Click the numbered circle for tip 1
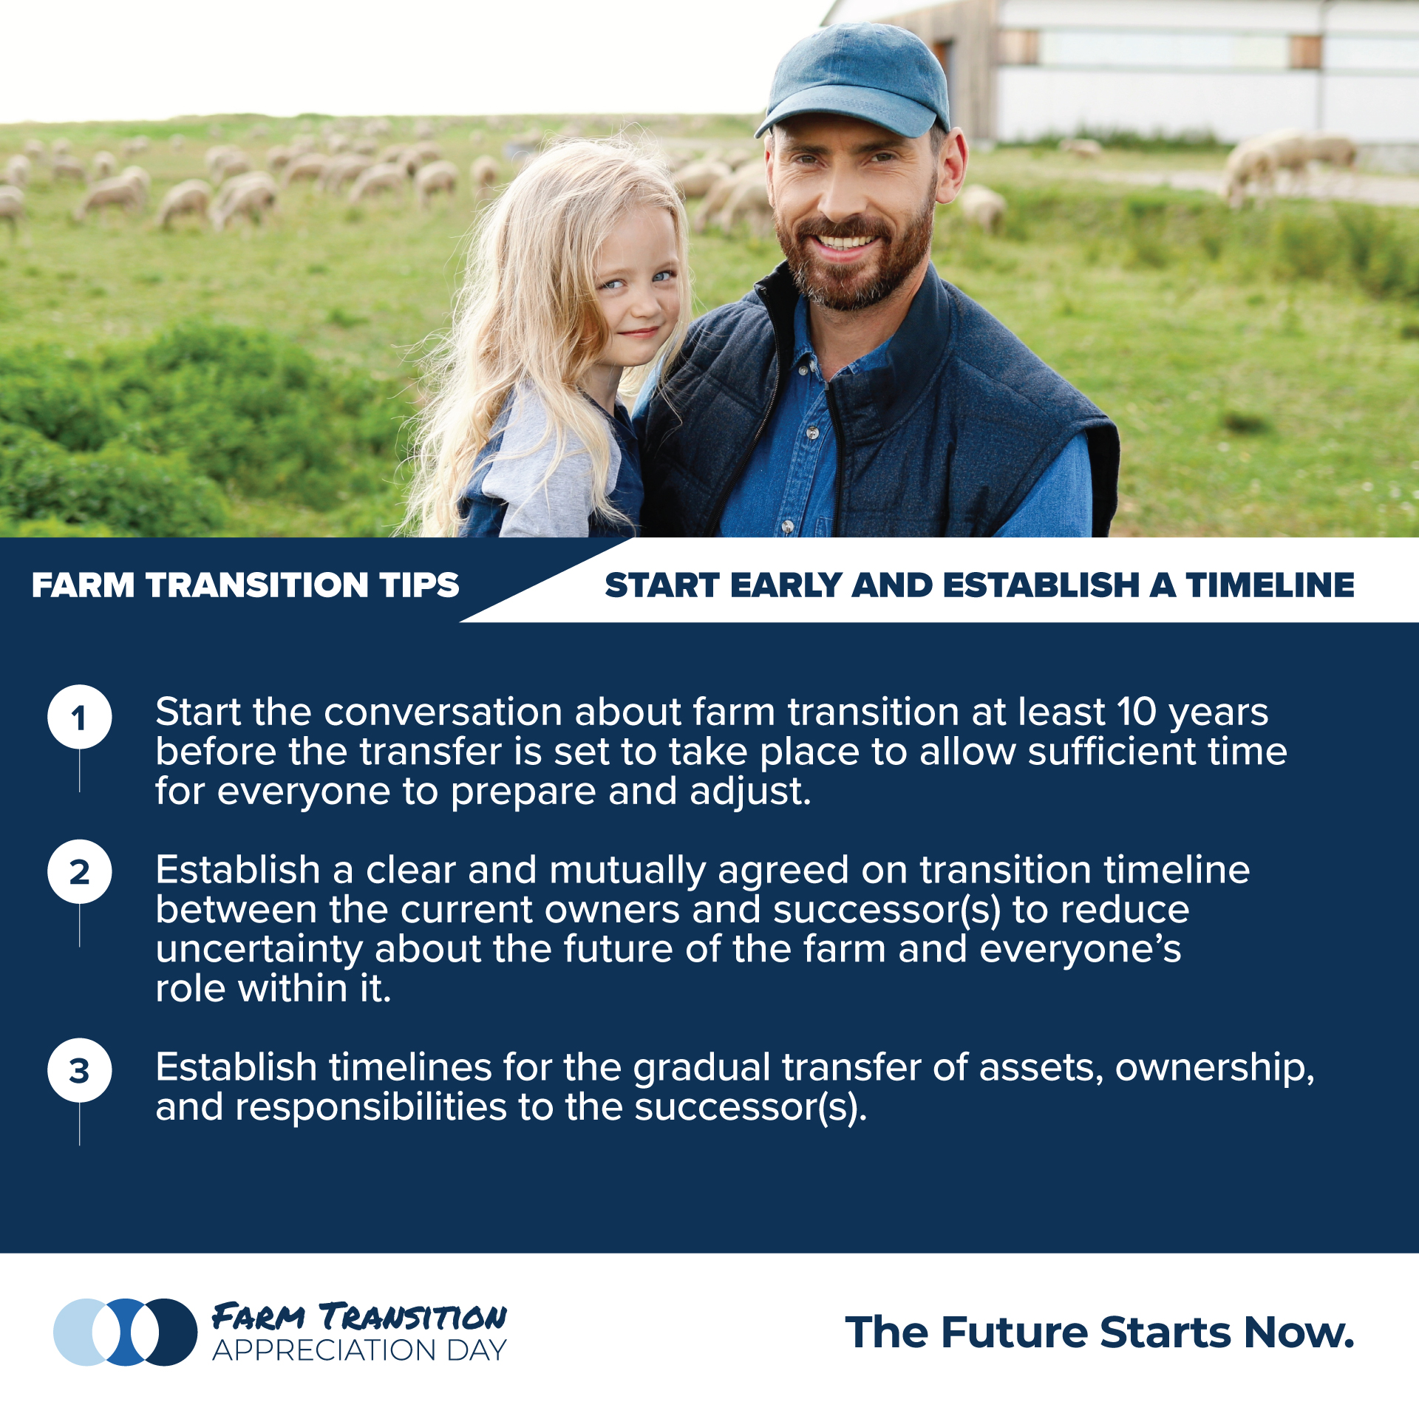coord(80,716)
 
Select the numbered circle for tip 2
coord(80,871)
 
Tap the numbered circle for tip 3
coord(80,1069)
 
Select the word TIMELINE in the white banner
coord(1270,585)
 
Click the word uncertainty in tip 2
coord(259,950)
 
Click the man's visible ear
coord(950,166)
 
